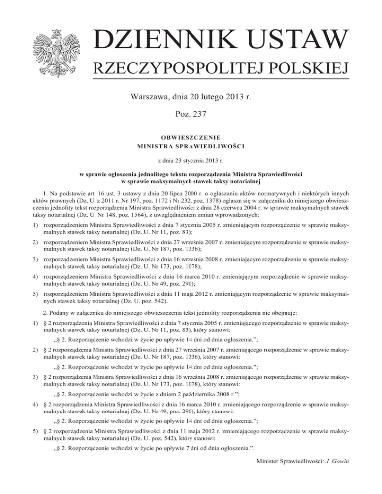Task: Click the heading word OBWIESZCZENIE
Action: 191,136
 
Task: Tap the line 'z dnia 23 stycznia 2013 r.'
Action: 191,161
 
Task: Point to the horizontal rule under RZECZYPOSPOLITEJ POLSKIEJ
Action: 221,79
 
